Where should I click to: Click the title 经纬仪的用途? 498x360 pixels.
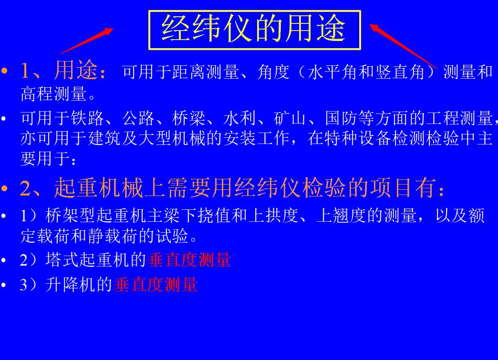pyautogui.click(x=254, y=29)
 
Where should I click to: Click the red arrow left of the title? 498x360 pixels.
pyautogui.click(x=86, y=41)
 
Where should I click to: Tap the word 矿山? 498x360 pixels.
pyautogui.click(x=290, y=118)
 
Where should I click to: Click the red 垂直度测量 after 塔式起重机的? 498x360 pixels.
pyautogui.click(x=189, y=260)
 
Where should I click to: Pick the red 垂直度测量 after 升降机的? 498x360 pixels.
pyautogui.click(x=156, y=285)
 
